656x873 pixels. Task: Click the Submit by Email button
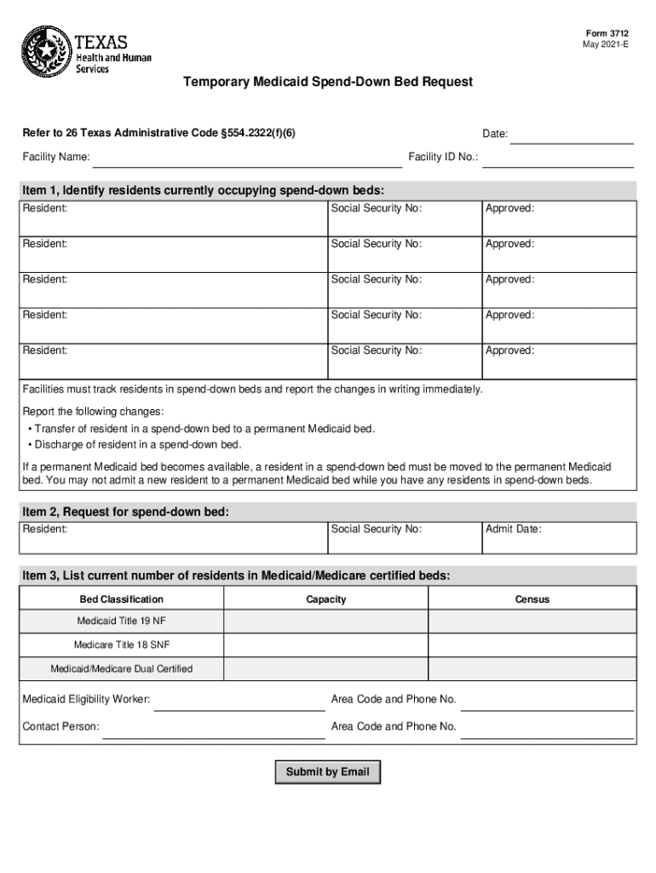(327, 772)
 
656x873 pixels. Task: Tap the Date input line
(572, 136)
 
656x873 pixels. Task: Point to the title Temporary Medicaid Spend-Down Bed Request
(327, 83)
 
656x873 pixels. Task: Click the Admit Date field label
(513, 529)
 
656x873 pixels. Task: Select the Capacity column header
(326, 599)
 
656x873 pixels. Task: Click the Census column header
(532, 599)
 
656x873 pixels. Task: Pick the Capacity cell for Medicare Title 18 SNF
(326, 645)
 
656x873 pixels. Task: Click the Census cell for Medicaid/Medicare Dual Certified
(532, 668)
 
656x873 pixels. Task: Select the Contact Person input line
(213, 728)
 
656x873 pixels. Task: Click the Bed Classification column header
(122, 599)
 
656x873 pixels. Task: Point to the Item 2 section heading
(126, 512)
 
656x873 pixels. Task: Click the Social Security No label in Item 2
(377, 529)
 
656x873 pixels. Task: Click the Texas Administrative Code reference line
(159, 134)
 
